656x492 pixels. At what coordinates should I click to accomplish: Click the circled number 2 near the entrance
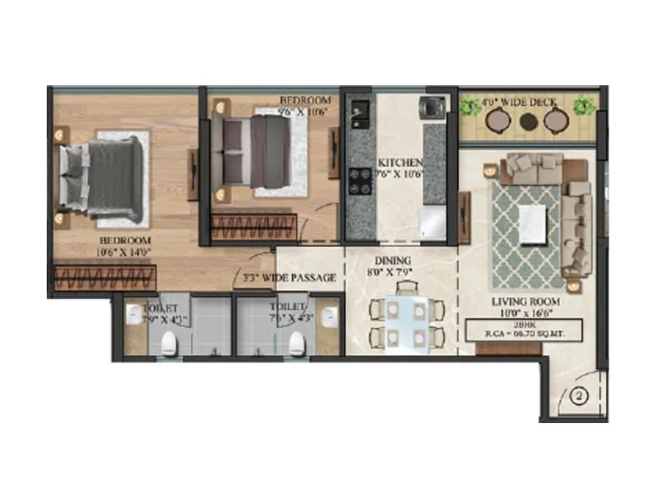[578, 397]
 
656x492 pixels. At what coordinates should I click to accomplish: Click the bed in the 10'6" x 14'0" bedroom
[104, 178]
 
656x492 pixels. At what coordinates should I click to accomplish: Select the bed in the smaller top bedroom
[257, 148]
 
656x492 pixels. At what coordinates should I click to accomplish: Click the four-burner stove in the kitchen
[359, 180]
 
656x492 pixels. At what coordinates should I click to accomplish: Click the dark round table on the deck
[528, 121]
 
